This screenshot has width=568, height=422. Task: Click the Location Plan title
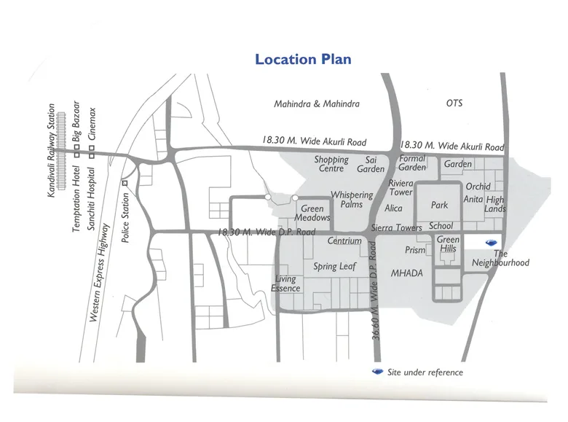tap(303, 59)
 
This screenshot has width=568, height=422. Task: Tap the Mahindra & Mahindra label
tap(317, 104)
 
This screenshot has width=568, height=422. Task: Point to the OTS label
tap(454, 103)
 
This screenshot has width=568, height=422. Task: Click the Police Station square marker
tap(125, 183)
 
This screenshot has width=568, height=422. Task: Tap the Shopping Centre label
tap(331, 164)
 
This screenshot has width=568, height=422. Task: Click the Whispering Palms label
tap(352, 200)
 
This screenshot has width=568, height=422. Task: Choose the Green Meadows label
tap(312, 214)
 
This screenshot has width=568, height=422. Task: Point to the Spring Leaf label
tap(335, 267)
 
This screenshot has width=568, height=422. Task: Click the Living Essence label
tap(285, 284)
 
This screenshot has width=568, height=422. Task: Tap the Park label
tap(439, 206)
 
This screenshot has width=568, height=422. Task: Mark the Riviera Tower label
tap(401, 188)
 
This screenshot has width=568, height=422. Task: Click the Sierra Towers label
tap(397, 228)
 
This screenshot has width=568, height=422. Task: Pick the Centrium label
tap(344, 241)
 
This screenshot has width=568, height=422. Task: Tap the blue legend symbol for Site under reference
tap(377, 372)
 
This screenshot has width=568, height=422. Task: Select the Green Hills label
tap(448, 244)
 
